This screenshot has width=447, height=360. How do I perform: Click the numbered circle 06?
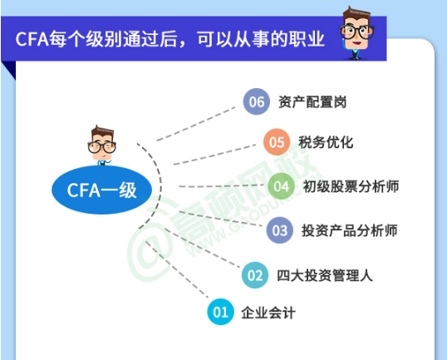coord(256,101)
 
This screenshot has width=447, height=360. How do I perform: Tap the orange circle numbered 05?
coord(277,142)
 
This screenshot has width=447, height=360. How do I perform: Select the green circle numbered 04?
coord(281,186)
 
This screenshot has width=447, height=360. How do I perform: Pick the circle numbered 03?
coord(280,230)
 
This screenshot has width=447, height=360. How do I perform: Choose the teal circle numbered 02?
coord(255,275)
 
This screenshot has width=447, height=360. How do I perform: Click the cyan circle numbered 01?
coord(220,312)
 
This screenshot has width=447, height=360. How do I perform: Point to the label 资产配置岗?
coord(312,101)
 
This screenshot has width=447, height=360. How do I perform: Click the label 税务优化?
coord(326,142)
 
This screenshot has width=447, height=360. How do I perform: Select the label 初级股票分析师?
coord(351,186)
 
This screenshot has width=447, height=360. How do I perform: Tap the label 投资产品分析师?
coord(350,230)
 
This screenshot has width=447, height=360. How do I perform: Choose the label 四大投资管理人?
coord(325,275)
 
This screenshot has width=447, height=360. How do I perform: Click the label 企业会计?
coord(268,313)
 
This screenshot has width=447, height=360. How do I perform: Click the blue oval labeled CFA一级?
coord(101,190)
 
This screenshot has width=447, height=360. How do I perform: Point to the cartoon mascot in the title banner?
coord(356,32)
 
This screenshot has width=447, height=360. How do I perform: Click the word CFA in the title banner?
coord(32,39)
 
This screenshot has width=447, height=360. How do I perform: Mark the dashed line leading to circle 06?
coord(196,124)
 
